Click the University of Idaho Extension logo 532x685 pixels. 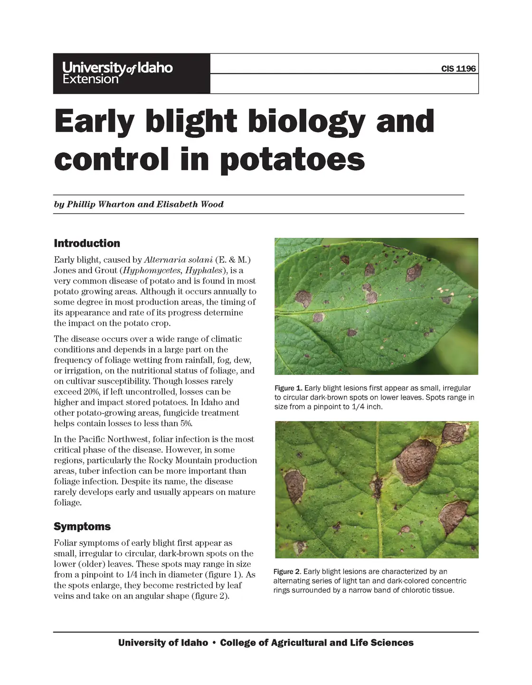coord(118,73)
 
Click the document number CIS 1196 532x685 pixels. coord(458,68)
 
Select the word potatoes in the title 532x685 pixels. coord(292,160)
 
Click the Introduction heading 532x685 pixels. coord(87,244)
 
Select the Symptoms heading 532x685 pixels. coord(82,527)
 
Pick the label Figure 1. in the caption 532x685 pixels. coord(288,388)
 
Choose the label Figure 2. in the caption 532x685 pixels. coord(287,571)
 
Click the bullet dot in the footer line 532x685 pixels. coord(214,643)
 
